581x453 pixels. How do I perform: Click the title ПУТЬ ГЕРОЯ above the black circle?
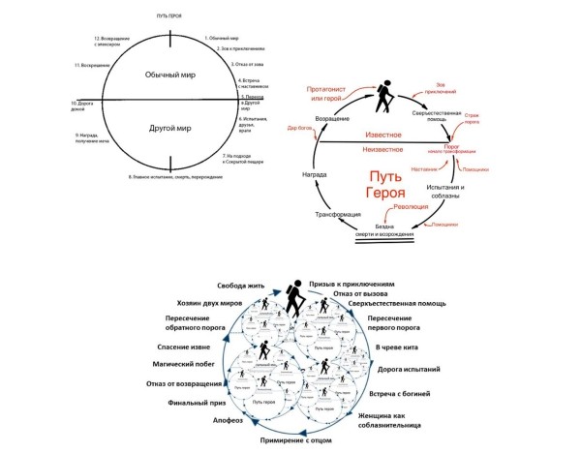click(x=169, y=17)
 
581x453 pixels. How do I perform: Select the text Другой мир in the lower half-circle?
click(x=170, y=127)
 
